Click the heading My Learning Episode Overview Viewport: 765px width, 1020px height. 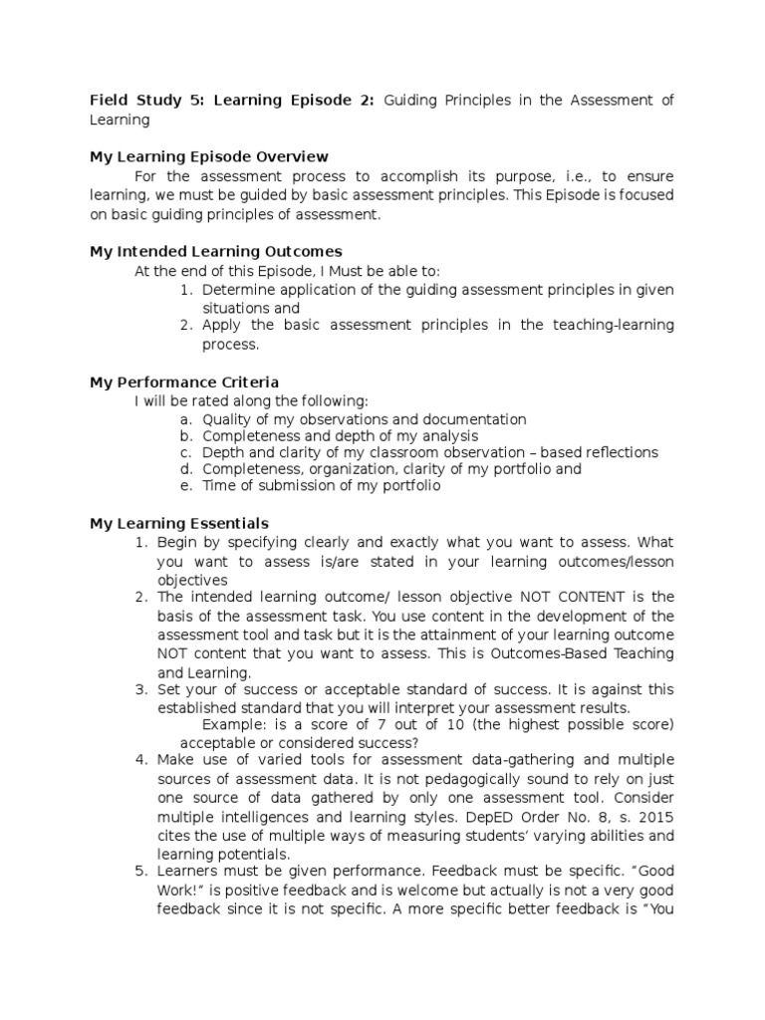[x=209, y=157]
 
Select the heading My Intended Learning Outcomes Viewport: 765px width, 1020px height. [x=216, y=252]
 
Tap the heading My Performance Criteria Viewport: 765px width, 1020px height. [x=184, y=382]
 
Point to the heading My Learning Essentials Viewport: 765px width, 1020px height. [x=179, y=524]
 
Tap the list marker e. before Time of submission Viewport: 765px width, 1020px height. [x=185, y=487]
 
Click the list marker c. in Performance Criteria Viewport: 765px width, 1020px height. [x=185, y=452]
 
